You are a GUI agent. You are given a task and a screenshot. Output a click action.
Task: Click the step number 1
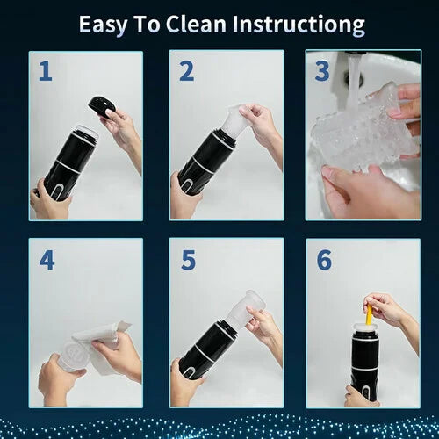(44, 71)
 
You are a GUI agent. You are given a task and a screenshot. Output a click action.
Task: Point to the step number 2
(185, 71)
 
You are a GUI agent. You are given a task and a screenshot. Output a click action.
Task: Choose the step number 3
(323, 71)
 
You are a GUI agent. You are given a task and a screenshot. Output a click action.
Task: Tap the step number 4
(45, 261)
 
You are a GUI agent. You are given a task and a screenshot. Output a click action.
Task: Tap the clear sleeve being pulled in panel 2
(232, 123)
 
